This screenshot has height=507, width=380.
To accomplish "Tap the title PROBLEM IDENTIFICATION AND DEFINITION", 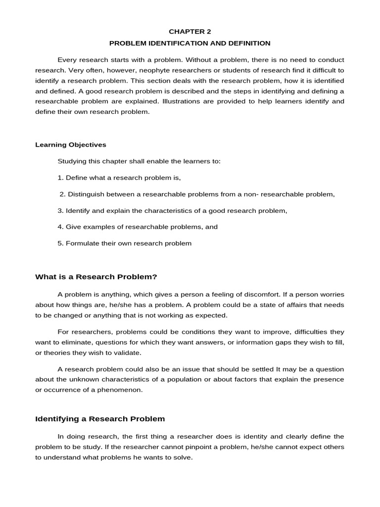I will pyautogui.click(x=190, y=43).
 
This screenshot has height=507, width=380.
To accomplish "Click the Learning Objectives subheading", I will pyautogui.click(x=71, y=145).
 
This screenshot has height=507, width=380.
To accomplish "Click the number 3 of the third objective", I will pyautogui.click(x=60, y=210).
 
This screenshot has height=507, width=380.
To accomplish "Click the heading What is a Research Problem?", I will pyautogui.click(x=96, y=277).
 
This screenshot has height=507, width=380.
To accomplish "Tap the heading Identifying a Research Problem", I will pyautogui.click(x=100, y=419).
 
